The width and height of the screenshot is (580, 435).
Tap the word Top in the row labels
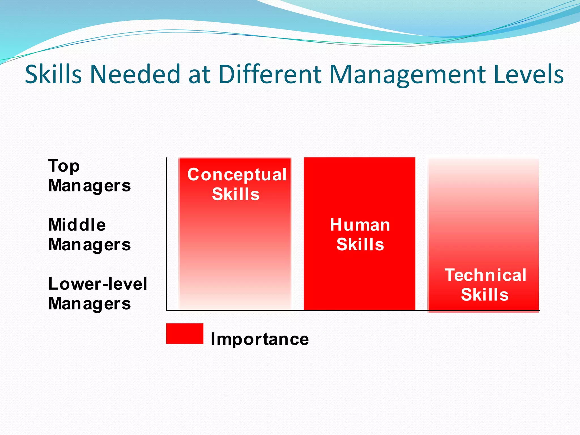tap(64, 166)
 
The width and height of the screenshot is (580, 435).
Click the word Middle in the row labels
tap(77, 225)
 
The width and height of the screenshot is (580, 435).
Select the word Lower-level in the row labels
tap(98, 284)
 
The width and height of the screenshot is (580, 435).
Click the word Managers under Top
tap(89, 186)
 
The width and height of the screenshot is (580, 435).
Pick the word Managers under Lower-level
tap(89, 304)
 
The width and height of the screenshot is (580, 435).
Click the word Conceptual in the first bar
tap(237, 175)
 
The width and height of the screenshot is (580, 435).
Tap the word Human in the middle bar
tap(360, 225)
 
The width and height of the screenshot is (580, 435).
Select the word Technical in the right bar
tap(485, 275)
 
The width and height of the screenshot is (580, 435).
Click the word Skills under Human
tap(360, 245)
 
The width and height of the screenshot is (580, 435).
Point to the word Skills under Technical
tap(485, 295)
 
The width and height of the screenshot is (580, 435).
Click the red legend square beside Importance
tap(185, 334)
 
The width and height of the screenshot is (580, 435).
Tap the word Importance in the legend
tap(260, 339)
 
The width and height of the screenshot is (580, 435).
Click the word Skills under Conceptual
tap(236, 194)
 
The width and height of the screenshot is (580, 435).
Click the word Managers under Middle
tap(89, 245)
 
